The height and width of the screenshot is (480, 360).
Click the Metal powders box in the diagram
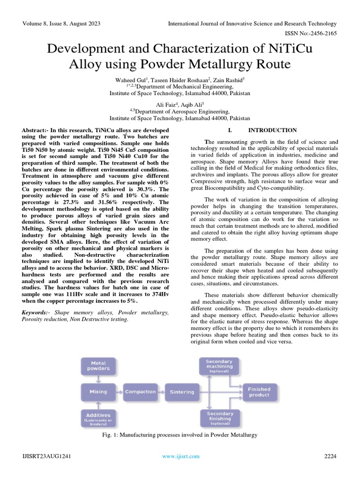click(x=98, y=366)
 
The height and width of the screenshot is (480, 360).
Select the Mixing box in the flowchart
click(x=98, y=391)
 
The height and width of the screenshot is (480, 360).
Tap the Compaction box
click(x=140, y=391)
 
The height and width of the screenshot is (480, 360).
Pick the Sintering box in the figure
click(x=182, y=392)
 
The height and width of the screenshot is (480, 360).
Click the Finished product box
click(x=259, y=392)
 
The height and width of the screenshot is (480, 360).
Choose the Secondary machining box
click(x=220, y=366)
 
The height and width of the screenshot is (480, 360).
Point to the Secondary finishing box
click(x=220, y=418)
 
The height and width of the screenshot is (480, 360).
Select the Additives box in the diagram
click(x=98, y=418)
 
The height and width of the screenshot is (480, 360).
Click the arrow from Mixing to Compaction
click(x=119, y=391)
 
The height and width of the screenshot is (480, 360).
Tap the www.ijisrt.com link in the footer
click(x=180, y=456)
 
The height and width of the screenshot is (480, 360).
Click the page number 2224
click(x=330, y=456)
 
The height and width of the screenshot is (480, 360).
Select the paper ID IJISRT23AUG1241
click(x=46, y=456)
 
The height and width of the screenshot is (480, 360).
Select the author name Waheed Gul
click(x=131, y=81)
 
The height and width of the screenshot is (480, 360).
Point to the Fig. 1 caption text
click(x=180, y=435)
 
